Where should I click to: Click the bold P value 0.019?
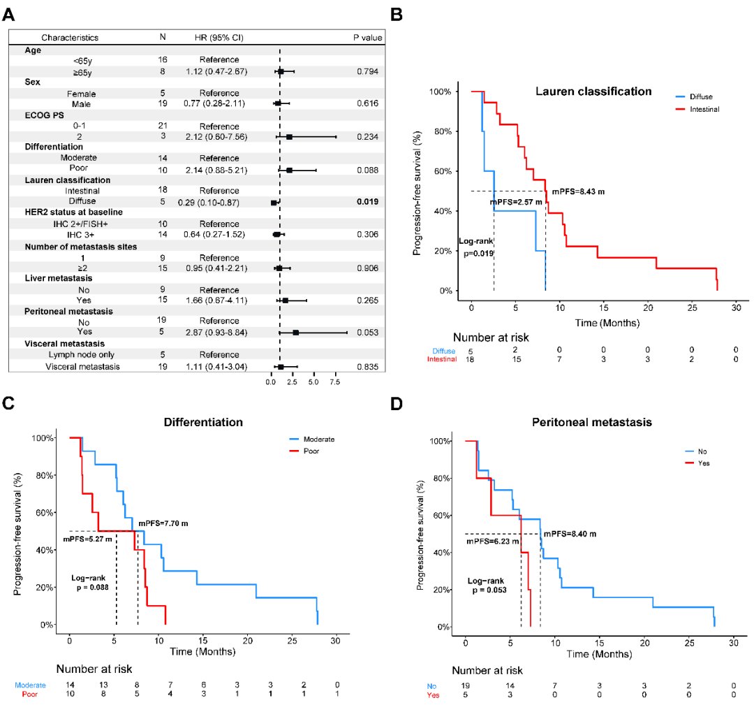(367, 202)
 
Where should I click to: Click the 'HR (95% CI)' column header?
(218, 37)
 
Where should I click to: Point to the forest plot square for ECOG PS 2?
(289, 137)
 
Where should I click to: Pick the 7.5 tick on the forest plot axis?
(334, 383)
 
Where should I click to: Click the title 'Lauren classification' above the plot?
(593, 92)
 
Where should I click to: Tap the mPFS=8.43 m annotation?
(579, 191)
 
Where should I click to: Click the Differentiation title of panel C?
(203, 423)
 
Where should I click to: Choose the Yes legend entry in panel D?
(703, 463)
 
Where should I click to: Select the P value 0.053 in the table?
(367, 332)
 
